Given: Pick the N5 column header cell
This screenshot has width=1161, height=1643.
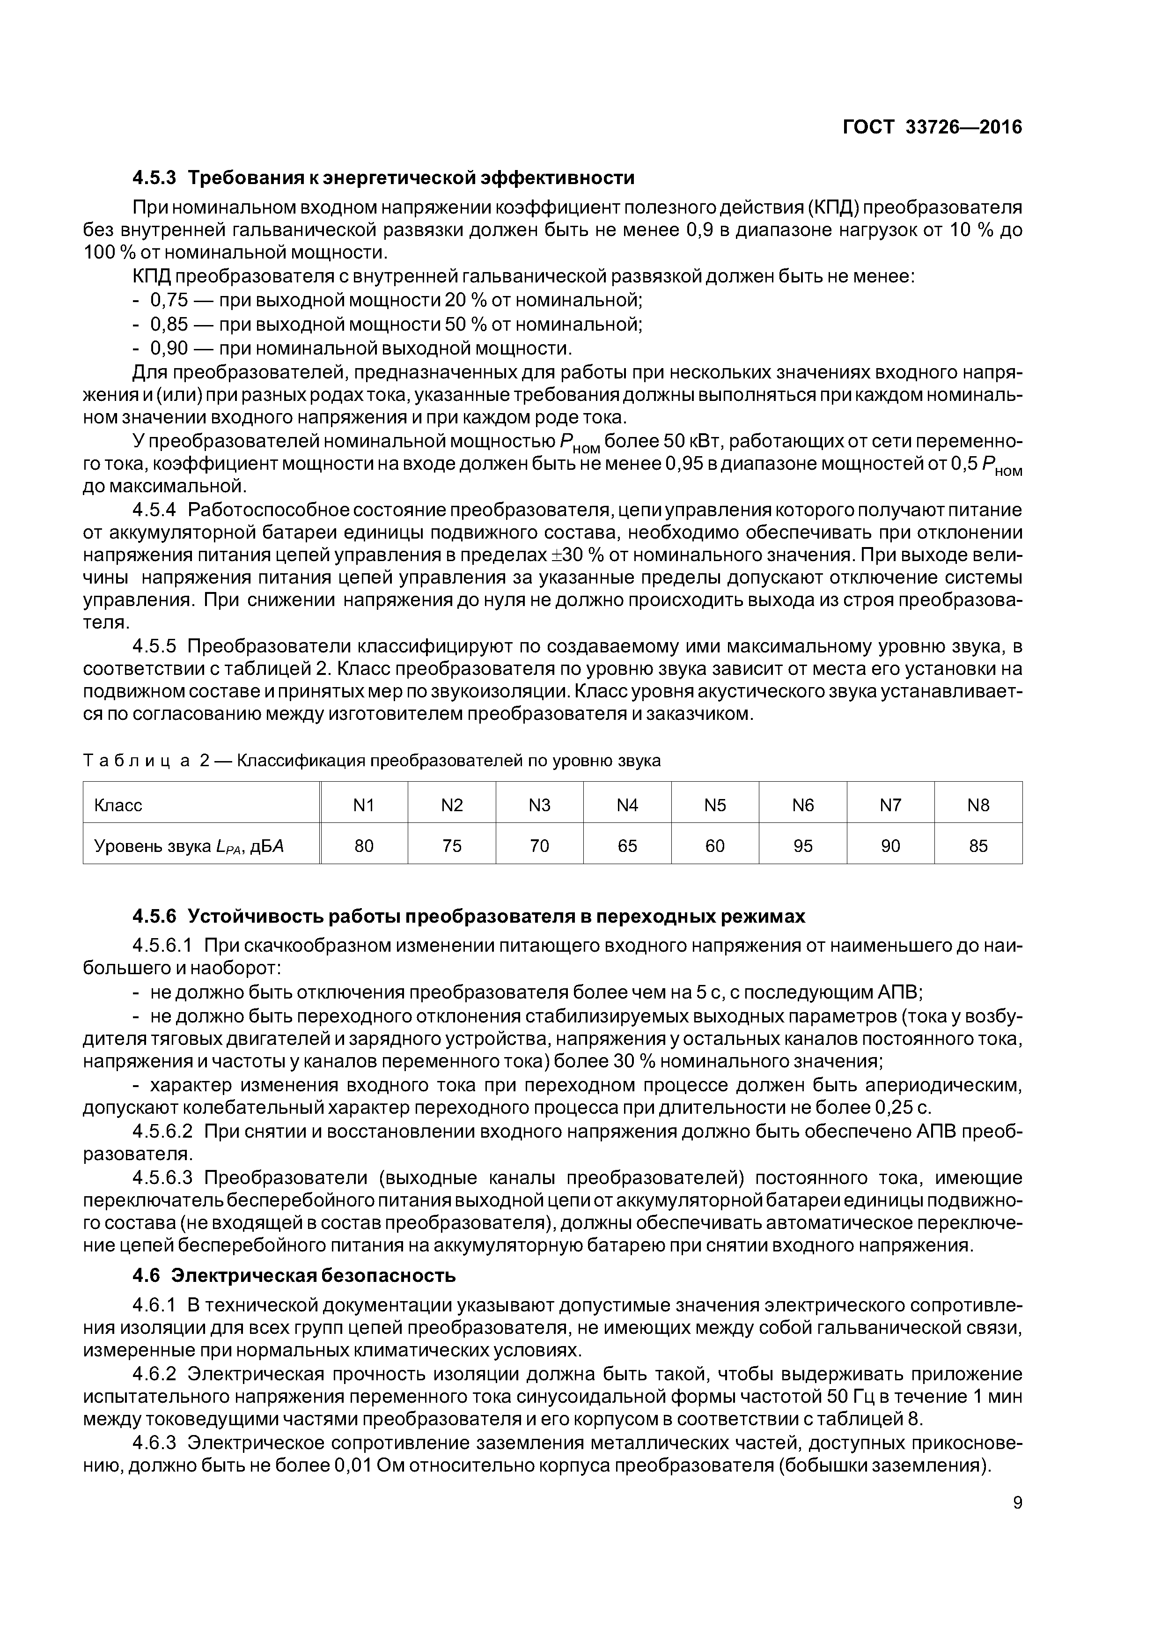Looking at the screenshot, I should (715, 805).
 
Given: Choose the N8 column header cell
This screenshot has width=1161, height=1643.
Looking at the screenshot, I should (978, 805).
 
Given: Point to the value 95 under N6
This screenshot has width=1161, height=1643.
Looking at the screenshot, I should (802, 846).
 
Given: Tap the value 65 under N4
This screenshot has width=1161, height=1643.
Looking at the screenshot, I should (627, 846).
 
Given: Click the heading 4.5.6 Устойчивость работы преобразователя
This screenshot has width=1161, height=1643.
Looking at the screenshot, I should (469, 916).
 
